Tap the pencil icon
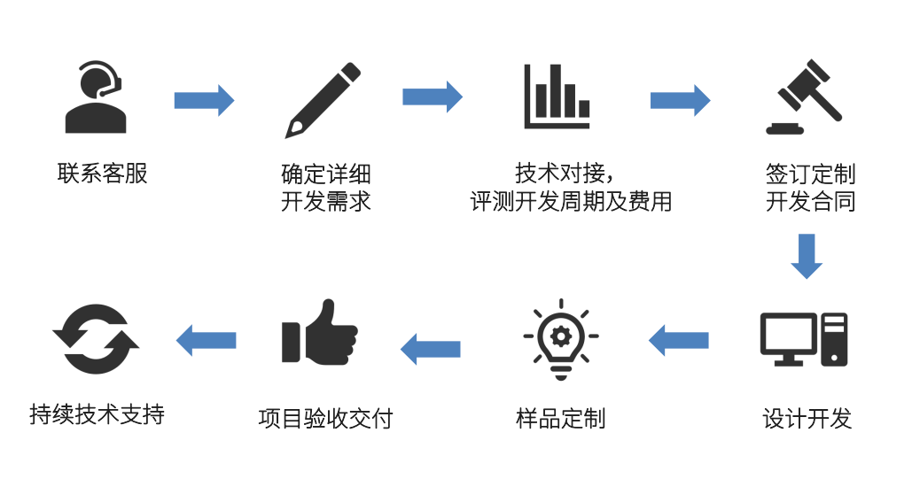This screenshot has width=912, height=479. (323, 99)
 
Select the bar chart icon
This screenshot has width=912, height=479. (557, 97)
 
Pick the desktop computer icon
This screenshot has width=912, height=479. (804, 340)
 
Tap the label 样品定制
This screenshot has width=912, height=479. (561, 418)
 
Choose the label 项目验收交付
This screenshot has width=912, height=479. (325, 418)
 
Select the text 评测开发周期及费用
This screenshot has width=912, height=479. (571, 202)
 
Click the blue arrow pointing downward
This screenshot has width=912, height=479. (806, 256)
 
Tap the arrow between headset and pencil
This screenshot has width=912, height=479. (204, 99)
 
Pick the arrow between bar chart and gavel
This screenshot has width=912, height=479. (680, 99)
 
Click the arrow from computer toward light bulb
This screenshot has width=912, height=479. (679, 340)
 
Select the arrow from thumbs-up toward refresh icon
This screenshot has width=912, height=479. (207, 339)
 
